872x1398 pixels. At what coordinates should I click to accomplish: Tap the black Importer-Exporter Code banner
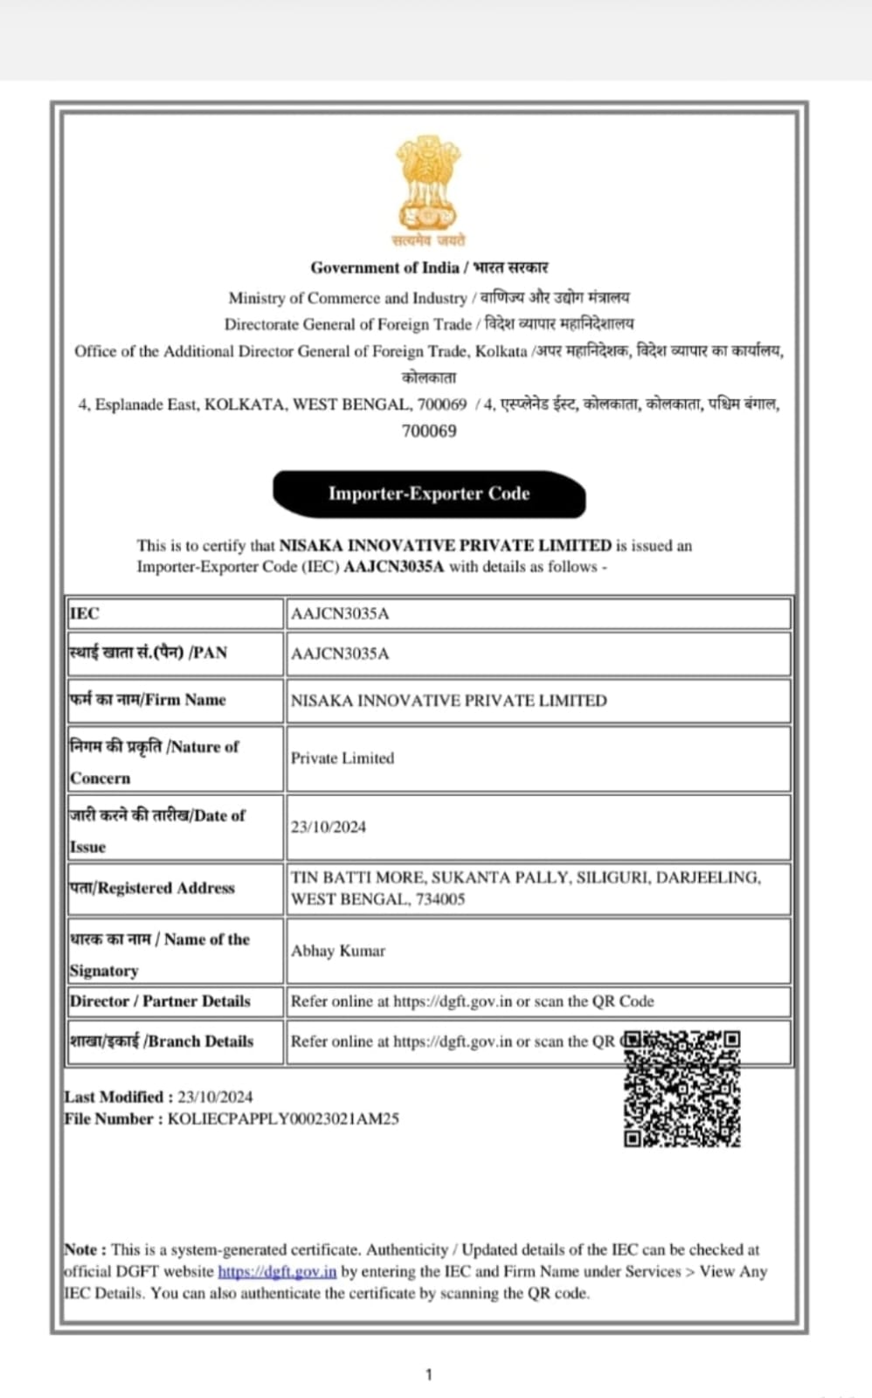428,494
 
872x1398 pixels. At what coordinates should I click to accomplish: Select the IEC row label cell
175,613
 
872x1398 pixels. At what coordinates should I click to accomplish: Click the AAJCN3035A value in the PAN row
340,654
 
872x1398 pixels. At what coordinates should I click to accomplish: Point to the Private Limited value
343,758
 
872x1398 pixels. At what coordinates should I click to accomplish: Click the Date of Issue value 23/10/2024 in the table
329,827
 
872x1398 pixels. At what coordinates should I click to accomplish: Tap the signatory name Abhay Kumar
338,951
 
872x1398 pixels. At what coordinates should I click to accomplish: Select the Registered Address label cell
175,888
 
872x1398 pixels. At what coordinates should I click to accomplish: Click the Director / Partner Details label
161,1001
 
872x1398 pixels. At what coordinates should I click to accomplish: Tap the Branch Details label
163,1042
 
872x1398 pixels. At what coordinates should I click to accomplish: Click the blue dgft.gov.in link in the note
277,1271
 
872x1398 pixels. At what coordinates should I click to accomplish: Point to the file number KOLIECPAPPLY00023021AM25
283,1118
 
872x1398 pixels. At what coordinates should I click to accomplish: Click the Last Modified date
215,1097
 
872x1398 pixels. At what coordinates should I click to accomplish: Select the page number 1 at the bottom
428,1374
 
